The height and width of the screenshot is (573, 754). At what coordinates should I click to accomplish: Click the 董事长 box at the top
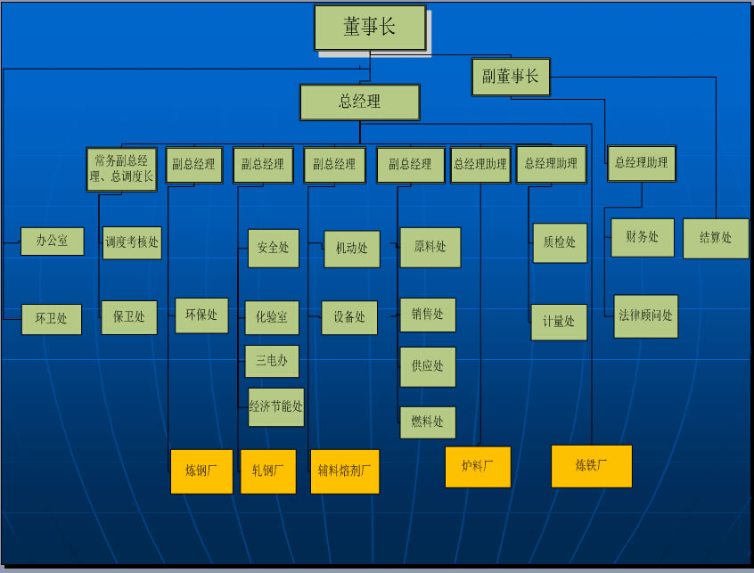click(x=370, y=28)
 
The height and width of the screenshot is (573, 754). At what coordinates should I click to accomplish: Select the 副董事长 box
click(x=511, y=77)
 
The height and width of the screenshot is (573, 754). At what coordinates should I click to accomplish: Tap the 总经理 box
click(x=359, y=102)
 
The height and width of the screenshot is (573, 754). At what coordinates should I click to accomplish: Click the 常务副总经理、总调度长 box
click(x=123, y=168)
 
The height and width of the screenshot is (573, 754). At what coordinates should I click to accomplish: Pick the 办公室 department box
click(x=52, y=241)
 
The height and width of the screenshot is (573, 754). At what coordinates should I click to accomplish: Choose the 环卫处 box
click(x=52, y=318)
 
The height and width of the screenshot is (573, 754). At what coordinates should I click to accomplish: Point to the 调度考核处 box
click(x=132, y=241)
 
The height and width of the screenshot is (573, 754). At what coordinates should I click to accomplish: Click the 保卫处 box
click(x=129, y=316)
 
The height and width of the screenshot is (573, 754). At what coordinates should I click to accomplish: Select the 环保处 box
click(x=201, y=315)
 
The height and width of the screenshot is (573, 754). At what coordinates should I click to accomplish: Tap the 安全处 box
click(x=274, y=248)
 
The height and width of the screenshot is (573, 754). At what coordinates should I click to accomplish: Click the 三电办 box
click(x=272, y=361)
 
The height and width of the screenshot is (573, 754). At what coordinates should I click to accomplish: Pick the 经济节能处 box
click(x=276, y=406)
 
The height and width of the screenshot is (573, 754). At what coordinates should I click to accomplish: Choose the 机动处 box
click(x=351, y=249)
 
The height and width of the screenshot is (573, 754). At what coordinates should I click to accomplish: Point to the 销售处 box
click(x=428, y=315)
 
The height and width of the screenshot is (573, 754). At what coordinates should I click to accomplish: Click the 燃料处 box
click(x=428, y=422)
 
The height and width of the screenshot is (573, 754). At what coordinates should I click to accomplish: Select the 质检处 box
click(x=560, y=242)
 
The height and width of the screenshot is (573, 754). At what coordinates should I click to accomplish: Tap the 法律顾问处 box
click(x=646, y=315)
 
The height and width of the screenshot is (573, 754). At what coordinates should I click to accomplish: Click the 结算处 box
click(x=716, y=238)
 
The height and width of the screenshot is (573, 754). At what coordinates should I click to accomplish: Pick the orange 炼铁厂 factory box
click(x=592, y=465)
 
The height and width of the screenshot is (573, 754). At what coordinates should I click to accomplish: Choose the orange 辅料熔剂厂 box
click(x=344, y=471)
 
